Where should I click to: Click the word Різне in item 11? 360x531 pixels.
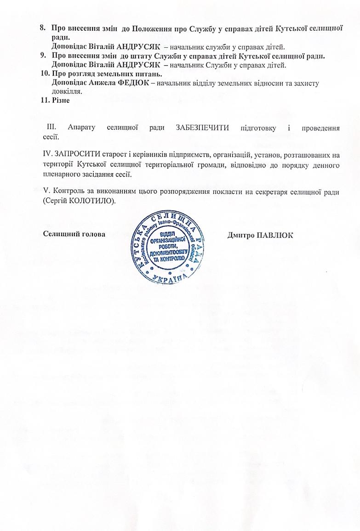point(61,101)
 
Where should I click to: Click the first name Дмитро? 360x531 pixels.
point(241,235)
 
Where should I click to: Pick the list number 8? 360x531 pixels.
point(43,28)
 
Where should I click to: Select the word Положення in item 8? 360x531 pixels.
point(152,28)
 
